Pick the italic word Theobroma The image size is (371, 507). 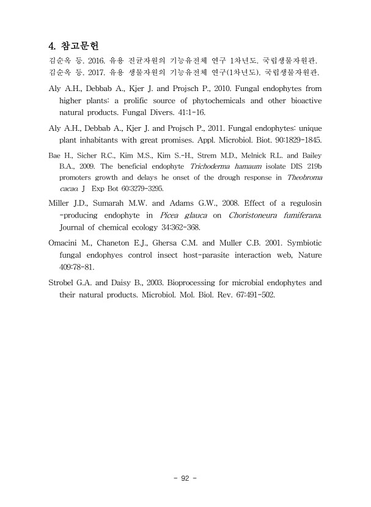click(x=304, y=177)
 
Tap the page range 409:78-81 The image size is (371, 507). click(x=76, y=267)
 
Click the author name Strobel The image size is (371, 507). click(x=62, y=282)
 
